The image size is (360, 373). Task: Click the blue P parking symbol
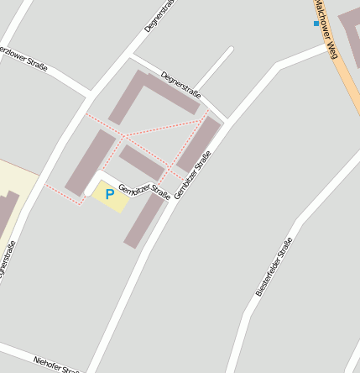pos(109,194)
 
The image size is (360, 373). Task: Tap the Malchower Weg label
pos(326,29)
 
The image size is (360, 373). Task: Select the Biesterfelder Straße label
pos(274,266)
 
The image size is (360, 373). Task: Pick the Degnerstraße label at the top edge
pos(159,15)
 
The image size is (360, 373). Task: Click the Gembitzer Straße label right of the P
pos(144,192)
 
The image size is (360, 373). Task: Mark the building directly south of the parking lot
pos(144,221)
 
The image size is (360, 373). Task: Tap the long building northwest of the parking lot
pos(91,162)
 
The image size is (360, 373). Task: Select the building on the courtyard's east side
pos(199,144)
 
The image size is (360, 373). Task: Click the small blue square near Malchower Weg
pos(316,24)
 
